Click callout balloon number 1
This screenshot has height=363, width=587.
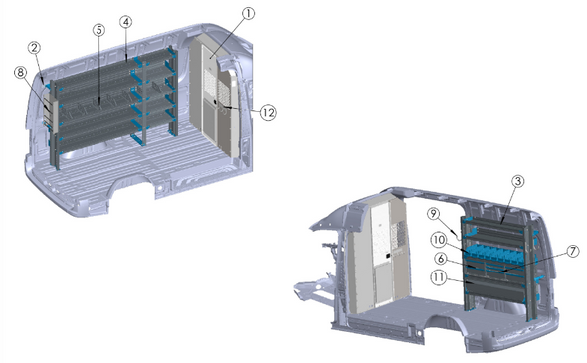point(248,14)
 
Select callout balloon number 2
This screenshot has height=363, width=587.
point(35,47)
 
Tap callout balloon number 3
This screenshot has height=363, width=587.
point(518,182)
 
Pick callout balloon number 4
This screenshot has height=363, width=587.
point(125,21)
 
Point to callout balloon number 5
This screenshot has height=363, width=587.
point(98,30)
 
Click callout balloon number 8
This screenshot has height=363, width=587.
point(21,72)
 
